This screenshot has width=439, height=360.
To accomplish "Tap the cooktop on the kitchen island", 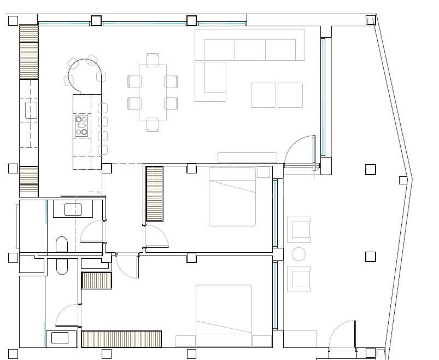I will tap(81, 125).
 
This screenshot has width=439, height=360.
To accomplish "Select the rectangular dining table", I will tap(153, 92).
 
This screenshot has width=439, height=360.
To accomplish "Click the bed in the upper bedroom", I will tap(232, 196).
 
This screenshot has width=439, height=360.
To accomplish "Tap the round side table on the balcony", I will tap(298, 254).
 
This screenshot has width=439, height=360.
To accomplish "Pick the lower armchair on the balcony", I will tap(299, 279).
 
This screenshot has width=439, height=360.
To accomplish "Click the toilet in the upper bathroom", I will tap(62, 245).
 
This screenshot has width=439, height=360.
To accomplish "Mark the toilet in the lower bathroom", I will tap(62, 266).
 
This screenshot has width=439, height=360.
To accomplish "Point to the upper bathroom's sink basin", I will tap(73, 209).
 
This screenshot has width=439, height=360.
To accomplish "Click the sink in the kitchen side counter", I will tap(31, 110).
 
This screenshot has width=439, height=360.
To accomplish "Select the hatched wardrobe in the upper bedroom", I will tap(154, 194).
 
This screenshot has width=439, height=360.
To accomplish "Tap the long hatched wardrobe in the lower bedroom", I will tap(121, 339).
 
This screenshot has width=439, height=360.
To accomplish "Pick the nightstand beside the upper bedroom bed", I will tap(264, 173).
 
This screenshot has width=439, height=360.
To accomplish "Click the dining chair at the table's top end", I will tap(153, 59).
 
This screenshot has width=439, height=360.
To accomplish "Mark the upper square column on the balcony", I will tap(370, 170).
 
